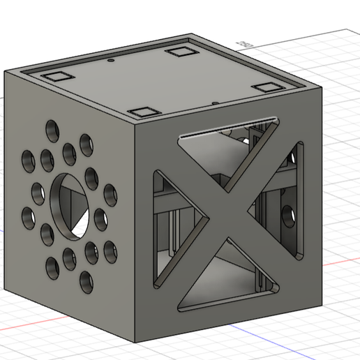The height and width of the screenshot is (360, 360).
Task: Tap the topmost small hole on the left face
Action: (52, 129)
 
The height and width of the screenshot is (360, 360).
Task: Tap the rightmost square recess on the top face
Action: (266, 87)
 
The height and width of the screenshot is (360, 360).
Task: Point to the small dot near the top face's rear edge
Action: (112, 61)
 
